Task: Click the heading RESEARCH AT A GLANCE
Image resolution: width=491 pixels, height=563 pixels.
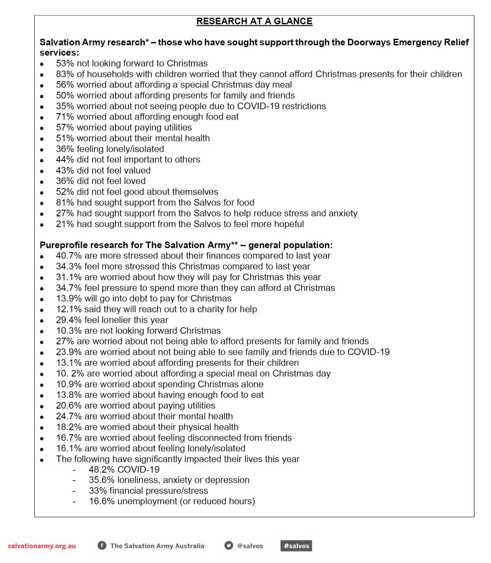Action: tap(254, 21)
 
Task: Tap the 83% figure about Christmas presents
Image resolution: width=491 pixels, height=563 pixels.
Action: tap(65, 74)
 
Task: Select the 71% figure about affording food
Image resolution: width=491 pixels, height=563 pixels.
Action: tap(65, 117)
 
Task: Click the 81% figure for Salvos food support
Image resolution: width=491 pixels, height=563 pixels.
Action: tap(65, 203)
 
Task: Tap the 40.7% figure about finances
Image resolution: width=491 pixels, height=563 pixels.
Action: tap(69, 256)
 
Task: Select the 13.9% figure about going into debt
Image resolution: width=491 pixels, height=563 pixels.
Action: tap(69, 298)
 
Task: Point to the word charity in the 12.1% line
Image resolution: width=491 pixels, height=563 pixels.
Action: tap(211, 309)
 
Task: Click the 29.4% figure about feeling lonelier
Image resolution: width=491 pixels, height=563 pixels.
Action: tap(69, 320)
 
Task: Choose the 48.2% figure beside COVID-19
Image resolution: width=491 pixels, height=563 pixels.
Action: tap(101, 470)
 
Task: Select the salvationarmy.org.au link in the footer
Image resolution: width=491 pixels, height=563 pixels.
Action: tap(42, 546)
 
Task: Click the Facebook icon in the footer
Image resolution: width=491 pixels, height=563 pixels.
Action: tap(102, 545)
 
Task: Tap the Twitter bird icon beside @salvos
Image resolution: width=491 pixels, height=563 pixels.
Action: tap(229, 545)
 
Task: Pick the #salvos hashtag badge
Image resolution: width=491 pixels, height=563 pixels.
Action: tap(296, 546)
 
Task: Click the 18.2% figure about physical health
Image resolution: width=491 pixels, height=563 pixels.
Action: tap(69, 427)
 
